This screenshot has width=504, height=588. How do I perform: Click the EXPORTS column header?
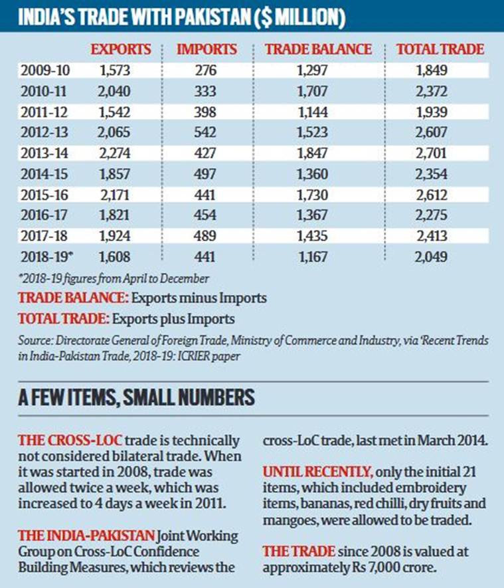pyautogui.click(x=120, y=49)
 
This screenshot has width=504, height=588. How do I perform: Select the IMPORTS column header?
pyautogui.click(x=206, y=49)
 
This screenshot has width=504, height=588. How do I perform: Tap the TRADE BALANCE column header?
pyautogui.click(x=317, y=49)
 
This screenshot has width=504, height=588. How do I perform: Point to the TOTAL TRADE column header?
pyautogui.click(x=440, y=49)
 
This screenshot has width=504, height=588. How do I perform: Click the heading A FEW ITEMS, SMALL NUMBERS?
pyautogui.click(x=136, y=398)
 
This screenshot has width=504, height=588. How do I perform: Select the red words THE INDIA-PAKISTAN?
pyautogui.click(x=86, y=536)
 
